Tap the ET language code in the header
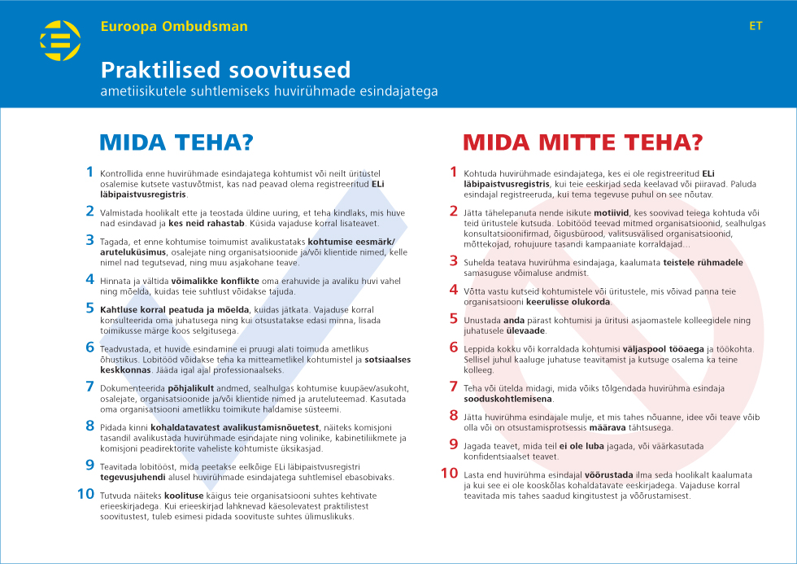(756, 26)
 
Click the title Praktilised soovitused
(225, 68)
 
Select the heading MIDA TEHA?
(176, 142)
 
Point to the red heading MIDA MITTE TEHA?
(582, 142)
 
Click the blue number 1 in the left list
(89, 172)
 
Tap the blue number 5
(89, 308)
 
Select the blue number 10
(85, 493)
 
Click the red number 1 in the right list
(454, 172)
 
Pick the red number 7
(454, 386)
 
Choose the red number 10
(450, 472)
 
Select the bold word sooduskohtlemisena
(508, 399)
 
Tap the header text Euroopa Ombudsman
(174, 26)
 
